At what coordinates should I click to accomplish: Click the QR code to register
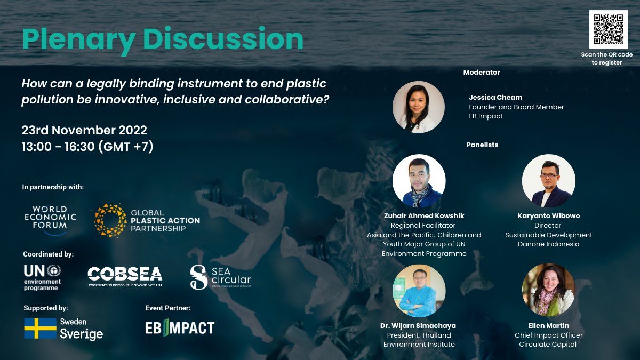point(609,29)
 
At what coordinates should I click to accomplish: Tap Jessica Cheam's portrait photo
point(419,107)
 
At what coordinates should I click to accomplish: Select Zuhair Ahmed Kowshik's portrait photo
point(419,181)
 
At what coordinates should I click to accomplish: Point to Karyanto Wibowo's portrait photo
point(548,181)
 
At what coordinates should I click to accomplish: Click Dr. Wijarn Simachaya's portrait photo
point(419,291)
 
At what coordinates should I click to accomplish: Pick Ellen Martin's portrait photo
point(548,291)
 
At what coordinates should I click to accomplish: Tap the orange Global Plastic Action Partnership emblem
point(110,220)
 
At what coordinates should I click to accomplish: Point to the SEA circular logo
point(220,277)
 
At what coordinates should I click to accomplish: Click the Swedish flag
point(40,329)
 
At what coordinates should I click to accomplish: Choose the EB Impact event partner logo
point(180,327)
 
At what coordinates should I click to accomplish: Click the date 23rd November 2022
point(84,130)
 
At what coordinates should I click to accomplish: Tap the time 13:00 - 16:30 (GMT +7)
point(87,146)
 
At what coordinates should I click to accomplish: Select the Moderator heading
point(482,72)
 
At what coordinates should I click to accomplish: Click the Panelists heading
point(482,145)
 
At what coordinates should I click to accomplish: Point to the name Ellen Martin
point(548,325)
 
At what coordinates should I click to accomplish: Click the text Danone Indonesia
point(548,244)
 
